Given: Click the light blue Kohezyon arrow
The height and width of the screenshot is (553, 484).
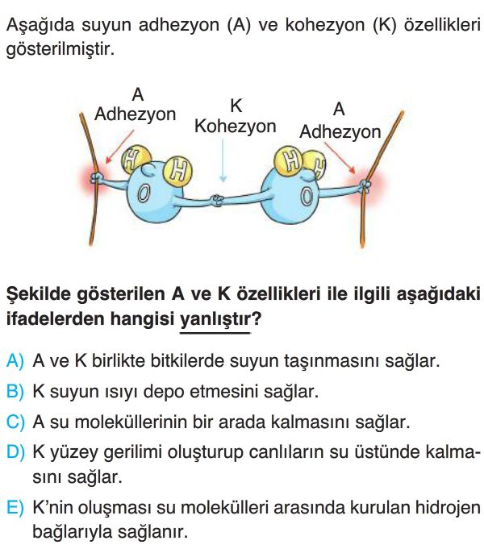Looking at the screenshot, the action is (223, 160).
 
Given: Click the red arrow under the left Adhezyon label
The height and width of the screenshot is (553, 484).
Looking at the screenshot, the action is (119, 147).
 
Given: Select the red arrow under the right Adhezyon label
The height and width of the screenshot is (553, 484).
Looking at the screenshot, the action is (340, 158).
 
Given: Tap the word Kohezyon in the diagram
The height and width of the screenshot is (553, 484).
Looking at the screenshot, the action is (235, 127).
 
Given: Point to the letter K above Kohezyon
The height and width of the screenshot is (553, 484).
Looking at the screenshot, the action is (236, 106).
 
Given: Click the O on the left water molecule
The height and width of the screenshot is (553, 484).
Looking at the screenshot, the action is (143, 193).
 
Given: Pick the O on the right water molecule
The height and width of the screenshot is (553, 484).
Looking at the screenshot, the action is (307, 195).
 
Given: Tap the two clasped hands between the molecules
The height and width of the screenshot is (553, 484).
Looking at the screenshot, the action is (217, 201).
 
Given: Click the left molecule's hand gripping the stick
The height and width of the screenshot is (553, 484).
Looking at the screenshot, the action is (96, 177).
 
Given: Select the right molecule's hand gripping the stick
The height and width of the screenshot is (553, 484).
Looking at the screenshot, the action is (365, 185).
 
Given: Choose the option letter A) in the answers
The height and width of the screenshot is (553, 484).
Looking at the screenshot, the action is (15, 361).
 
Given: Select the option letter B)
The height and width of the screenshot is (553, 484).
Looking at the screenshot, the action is (15, 392).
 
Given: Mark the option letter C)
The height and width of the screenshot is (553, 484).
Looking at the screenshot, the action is (15, 422).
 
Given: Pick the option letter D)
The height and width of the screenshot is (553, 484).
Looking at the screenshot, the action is (15, 452).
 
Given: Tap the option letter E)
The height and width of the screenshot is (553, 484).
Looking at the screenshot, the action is (15, 508).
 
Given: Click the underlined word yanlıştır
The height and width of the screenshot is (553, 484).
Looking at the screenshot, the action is (215, 319).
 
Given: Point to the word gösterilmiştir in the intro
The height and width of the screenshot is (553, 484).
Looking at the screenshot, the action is (60, 49).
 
